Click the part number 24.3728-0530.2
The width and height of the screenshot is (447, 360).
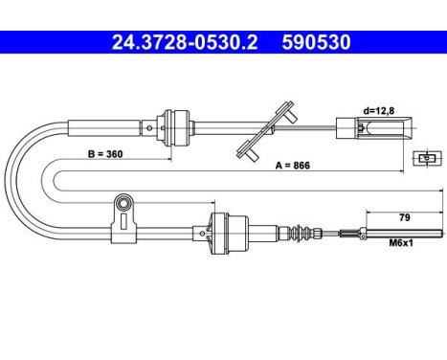185,42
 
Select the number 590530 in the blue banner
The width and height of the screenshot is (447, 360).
316,42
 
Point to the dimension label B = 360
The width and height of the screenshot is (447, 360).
105,154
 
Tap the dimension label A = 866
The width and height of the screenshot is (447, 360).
293,166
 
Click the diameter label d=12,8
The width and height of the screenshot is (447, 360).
379,111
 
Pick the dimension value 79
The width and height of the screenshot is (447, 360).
404,217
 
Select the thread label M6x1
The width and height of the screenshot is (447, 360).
401,243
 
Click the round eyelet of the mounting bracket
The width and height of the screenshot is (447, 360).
123,203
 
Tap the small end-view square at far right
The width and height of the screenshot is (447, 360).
427,158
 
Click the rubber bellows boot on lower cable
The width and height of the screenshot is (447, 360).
301,233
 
